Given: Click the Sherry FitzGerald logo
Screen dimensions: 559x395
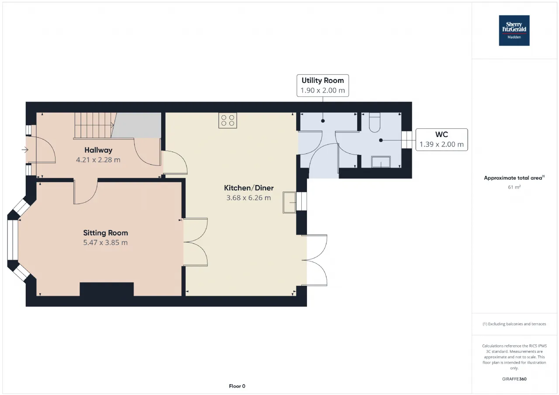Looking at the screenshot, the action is [x=514, y=31].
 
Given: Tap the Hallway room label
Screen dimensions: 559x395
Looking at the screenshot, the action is [x=98, y=150].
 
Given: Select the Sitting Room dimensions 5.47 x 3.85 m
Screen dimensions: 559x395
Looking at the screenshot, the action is [x=105, y=243].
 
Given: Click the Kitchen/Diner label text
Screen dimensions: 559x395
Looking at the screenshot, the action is [x=248, y=188].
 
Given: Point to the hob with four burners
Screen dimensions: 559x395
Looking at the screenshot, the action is [x=228, y=120].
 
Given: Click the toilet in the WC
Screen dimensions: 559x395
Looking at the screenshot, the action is [x=374, y=123].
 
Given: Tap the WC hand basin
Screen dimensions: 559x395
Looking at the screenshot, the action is [x=381, y=162].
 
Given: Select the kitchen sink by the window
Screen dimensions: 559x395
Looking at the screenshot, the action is [x=289, y=202].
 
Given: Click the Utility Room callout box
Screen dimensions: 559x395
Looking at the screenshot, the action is [x=323, y=86].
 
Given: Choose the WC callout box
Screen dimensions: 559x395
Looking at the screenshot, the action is [x=442, y=140].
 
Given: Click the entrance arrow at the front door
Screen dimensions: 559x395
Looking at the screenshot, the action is [x=25, y=150].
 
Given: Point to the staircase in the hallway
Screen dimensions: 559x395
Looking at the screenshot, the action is [x=94, y=125].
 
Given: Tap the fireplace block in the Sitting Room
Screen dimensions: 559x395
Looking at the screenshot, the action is [x=107, y=289].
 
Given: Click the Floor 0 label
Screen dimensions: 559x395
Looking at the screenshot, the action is [x=237, y=386].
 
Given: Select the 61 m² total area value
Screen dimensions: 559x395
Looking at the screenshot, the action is [x=514, y=187].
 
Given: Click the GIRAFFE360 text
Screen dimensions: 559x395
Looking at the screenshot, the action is [x=514, y=379].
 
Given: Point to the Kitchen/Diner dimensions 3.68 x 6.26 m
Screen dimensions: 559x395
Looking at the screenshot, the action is [x=248, y=198].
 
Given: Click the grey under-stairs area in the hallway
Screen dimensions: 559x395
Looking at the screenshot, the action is [x=137, y=125].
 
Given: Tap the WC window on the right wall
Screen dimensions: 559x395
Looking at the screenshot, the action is [x=407, y=140].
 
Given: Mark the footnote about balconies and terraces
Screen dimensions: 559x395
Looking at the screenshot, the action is [x=514, y=324].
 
